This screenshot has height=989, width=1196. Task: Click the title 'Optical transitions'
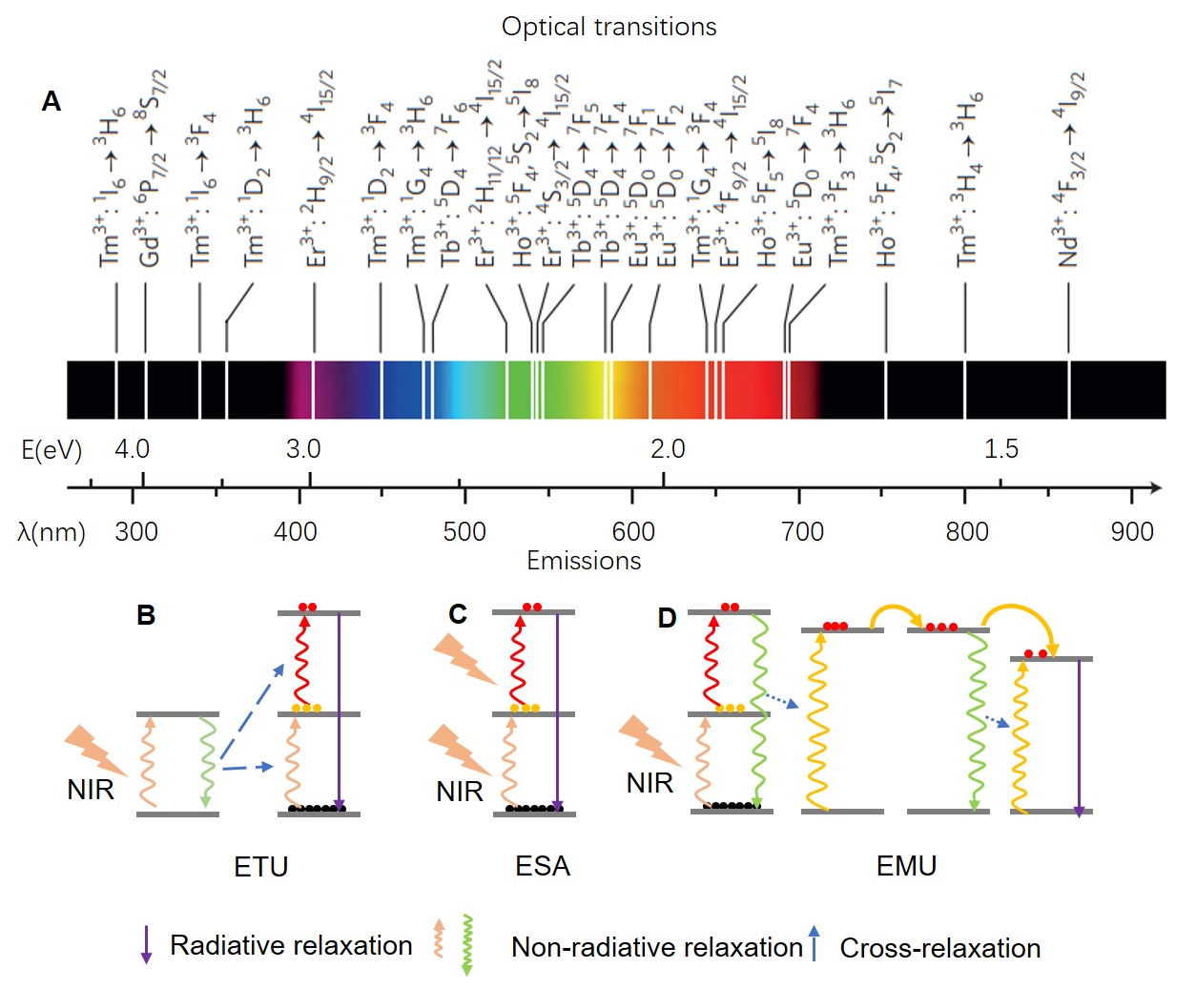[608, 27]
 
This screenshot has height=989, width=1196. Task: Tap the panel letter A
[52, 101]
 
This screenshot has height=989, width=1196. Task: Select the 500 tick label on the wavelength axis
[464, 531]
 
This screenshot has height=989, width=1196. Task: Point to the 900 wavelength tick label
[1131, 531]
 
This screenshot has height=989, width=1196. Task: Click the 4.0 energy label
[132, 448]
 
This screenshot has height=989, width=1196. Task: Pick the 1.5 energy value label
[1000, 448]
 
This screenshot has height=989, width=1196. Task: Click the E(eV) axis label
[52, 449]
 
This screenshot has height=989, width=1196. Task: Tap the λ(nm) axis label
[52, 532]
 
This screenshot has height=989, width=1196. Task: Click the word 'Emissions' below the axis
[584, 560]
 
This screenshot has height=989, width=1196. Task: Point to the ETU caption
[260, 867]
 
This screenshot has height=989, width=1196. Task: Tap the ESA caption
[542, 866]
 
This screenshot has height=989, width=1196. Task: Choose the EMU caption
[906, 866]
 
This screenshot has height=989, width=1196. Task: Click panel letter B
[146, 615]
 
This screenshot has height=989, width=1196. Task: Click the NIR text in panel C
[460, 791]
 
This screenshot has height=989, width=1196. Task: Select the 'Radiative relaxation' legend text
[291, 945]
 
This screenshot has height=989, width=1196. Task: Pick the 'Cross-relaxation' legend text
[939, 948]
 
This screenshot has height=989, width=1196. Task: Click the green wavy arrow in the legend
[467, 944]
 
